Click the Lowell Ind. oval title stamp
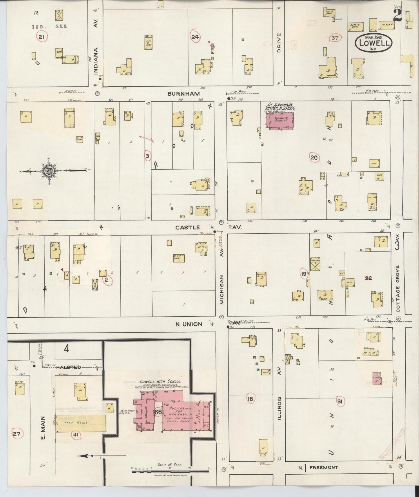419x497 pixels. click(373, 43)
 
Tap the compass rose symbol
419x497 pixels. click(48, 171)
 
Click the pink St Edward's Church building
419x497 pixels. click(279, 120)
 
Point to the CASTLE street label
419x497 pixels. click(188, 228)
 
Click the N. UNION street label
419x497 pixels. click(188, 324)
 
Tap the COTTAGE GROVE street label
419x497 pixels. click(398, 289)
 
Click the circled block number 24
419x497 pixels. click(195, 37)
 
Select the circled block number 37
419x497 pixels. click(335, 38)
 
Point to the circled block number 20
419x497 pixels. click(314, 158)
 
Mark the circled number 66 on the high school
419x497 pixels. click(158, 412)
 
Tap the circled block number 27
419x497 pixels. click(17, 434)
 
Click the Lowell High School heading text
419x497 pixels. click(160, 382)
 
